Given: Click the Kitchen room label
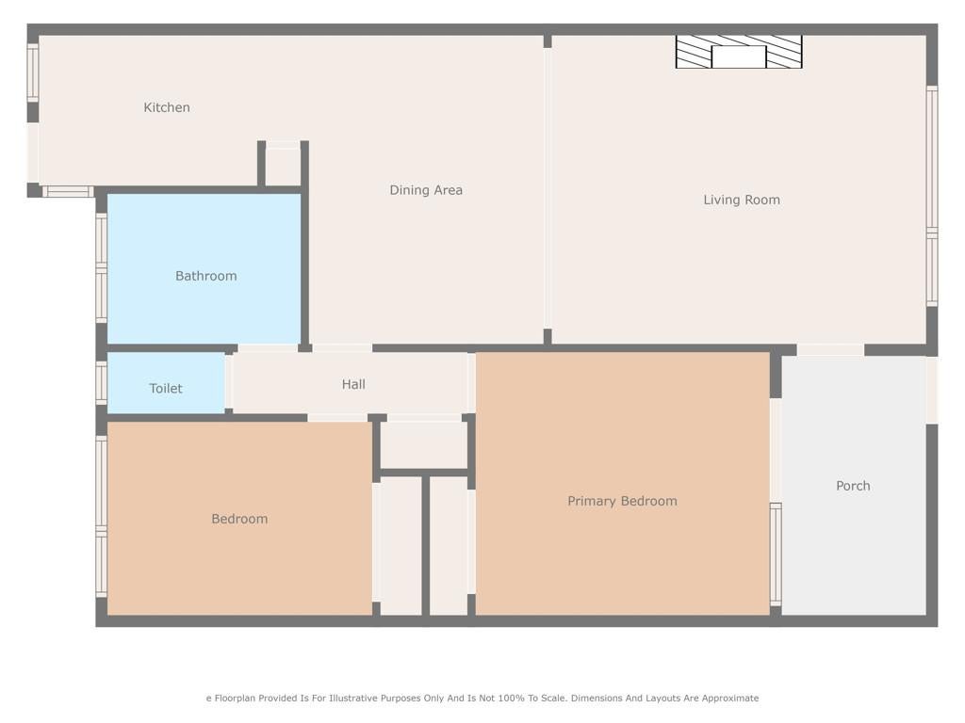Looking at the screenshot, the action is tap(167, 107).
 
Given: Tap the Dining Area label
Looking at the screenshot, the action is tap(426, 190).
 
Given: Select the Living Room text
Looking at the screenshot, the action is tap(742, 200).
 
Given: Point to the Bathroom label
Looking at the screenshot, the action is tap(206, 276).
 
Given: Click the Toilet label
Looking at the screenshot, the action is tap(166, 389).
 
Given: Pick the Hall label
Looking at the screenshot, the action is tap(354, 384).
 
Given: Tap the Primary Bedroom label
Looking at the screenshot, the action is tap(622, 501).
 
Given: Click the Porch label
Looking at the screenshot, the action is tap(853, 486).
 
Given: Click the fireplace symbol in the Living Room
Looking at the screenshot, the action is tap(739, 52).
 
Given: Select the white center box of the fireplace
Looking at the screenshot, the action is tap(739, 56).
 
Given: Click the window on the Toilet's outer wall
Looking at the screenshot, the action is tap(102, 382).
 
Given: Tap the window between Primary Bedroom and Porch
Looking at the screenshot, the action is tap(777, 554).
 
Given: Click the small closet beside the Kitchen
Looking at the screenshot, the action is tap(283, 166).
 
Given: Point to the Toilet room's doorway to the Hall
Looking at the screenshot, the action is tap(228, 382).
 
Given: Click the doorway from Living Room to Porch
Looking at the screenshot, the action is tap(831, 350).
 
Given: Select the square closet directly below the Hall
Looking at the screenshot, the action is tap(424, 445).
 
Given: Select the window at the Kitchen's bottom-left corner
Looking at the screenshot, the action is tap(68, 192).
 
